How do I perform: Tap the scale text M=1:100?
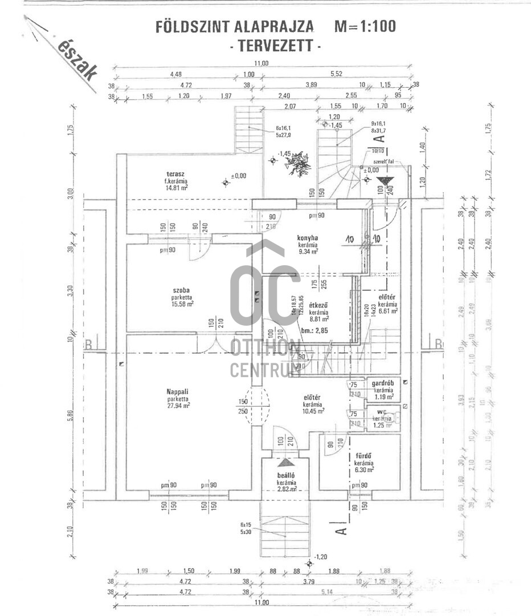[x=365, y=26]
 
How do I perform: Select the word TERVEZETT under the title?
[x=275, y=46]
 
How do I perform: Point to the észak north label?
[x=77, y=59]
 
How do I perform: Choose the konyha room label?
[x=307, y=238]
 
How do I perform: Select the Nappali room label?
[x=177, y=391]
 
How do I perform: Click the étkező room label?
[x=318, y=305]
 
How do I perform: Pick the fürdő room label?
[x=363, y=456]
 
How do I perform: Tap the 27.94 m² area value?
[x=178, y=406]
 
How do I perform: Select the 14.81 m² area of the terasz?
[x=177, y=187]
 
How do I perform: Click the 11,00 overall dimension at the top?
[x=262, y=63]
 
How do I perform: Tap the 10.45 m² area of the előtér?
[x=313, y=411]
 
